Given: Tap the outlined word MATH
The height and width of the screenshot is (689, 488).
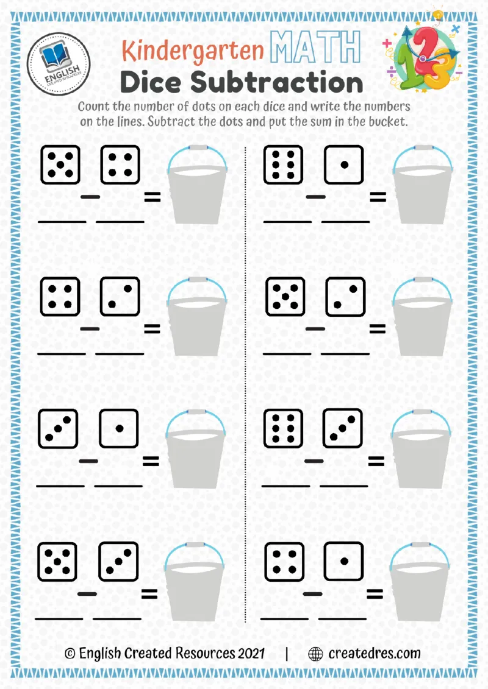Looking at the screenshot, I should [x=315, y=48].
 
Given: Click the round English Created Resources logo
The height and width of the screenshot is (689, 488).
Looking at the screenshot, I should [x=59, y=62].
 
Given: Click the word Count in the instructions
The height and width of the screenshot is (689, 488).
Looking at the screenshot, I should [x=93, y=107].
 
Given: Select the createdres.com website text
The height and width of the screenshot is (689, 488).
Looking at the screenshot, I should [x=375, y=654].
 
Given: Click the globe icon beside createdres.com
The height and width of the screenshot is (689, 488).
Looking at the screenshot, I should [x=315, y=654].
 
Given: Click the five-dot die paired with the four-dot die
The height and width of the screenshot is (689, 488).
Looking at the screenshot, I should [x=60, y=164].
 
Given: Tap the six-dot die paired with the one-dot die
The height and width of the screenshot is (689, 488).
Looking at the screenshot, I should [x=284, y=164].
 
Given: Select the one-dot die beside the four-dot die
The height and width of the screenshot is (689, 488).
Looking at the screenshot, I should [x=343, y=560].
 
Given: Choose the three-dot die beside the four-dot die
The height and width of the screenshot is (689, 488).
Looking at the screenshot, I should [x=120, y=297].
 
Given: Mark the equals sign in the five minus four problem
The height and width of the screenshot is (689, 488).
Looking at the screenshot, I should [x=151, y=197].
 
